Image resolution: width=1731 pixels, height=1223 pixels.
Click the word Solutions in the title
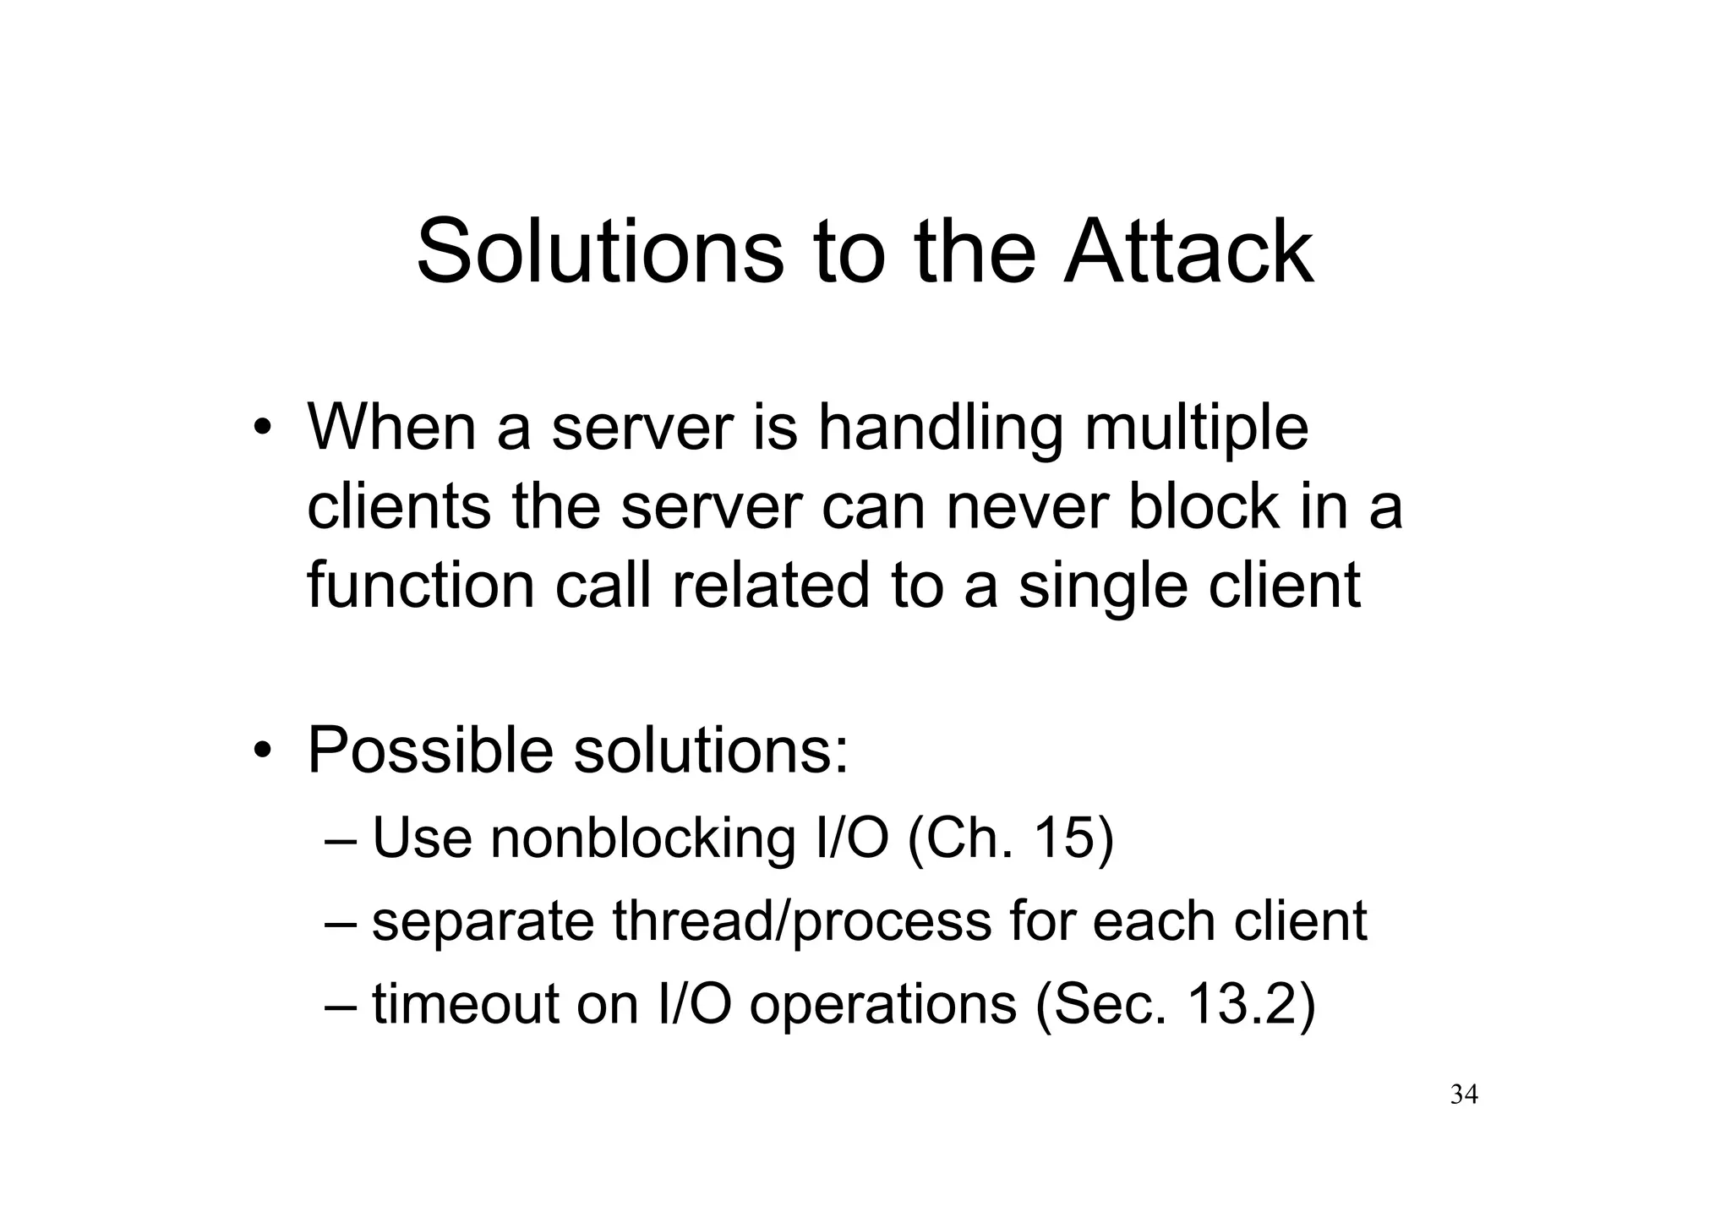click(x=600, y=252)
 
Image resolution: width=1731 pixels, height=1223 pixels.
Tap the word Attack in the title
click(x=1188, y=252)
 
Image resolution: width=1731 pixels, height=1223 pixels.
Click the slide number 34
click(x=1464, y=1095)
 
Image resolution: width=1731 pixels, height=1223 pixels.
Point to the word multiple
click(x=1196, y=429)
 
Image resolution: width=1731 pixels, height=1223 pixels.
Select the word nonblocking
click(x=643, y=839)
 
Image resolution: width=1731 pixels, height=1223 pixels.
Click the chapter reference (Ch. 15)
click(x=1010, y=839)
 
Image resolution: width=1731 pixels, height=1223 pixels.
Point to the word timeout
click(x=465, y=1005)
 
